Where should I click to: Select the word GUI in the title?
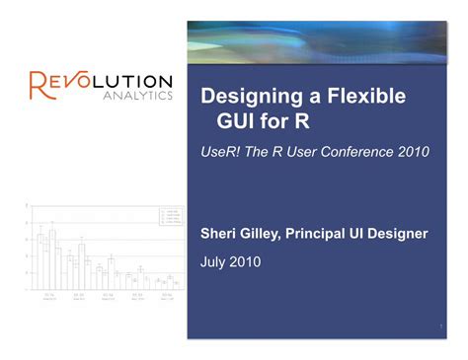coord(237,125)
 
